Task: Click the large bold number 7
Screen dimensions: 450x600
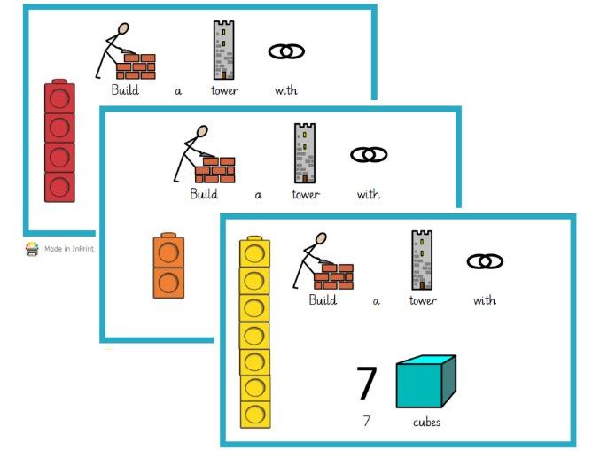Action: [x=367, y=384]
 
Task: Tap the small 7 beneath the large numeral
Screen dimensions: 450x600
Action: [x=367, y=422]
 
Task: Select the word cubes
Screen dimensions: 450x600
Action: [x=426, y=423]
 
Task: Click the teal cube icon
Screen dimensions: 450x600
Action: [x=425, y=382]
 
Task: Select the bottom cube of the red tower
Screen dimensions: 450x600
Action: [x=60, y=187]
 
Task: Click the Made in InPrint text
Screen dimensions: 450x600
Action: [x=69, y=249]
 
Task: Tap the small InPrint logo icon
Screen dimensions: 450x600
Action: [x=32, y=249]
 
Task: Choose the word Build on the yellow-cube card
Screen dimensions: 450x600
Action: [x=323, y=300]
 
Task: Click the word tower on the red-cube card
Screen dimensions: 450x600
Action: [x=224, y=90]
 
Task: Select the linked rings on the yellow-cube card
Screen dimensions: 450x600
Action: [x=485, y=261]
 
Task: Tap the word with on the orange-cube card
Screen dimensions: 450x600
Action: [x=369, y=195]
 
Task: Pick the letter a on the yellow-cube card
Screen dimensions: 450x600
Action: [x=376, y=301]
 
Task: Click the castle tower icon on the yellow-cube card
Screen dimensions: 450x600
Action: [x=422, y=259]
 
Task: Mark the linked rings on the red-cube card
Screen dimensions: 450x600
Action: [x=285, y=52]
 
